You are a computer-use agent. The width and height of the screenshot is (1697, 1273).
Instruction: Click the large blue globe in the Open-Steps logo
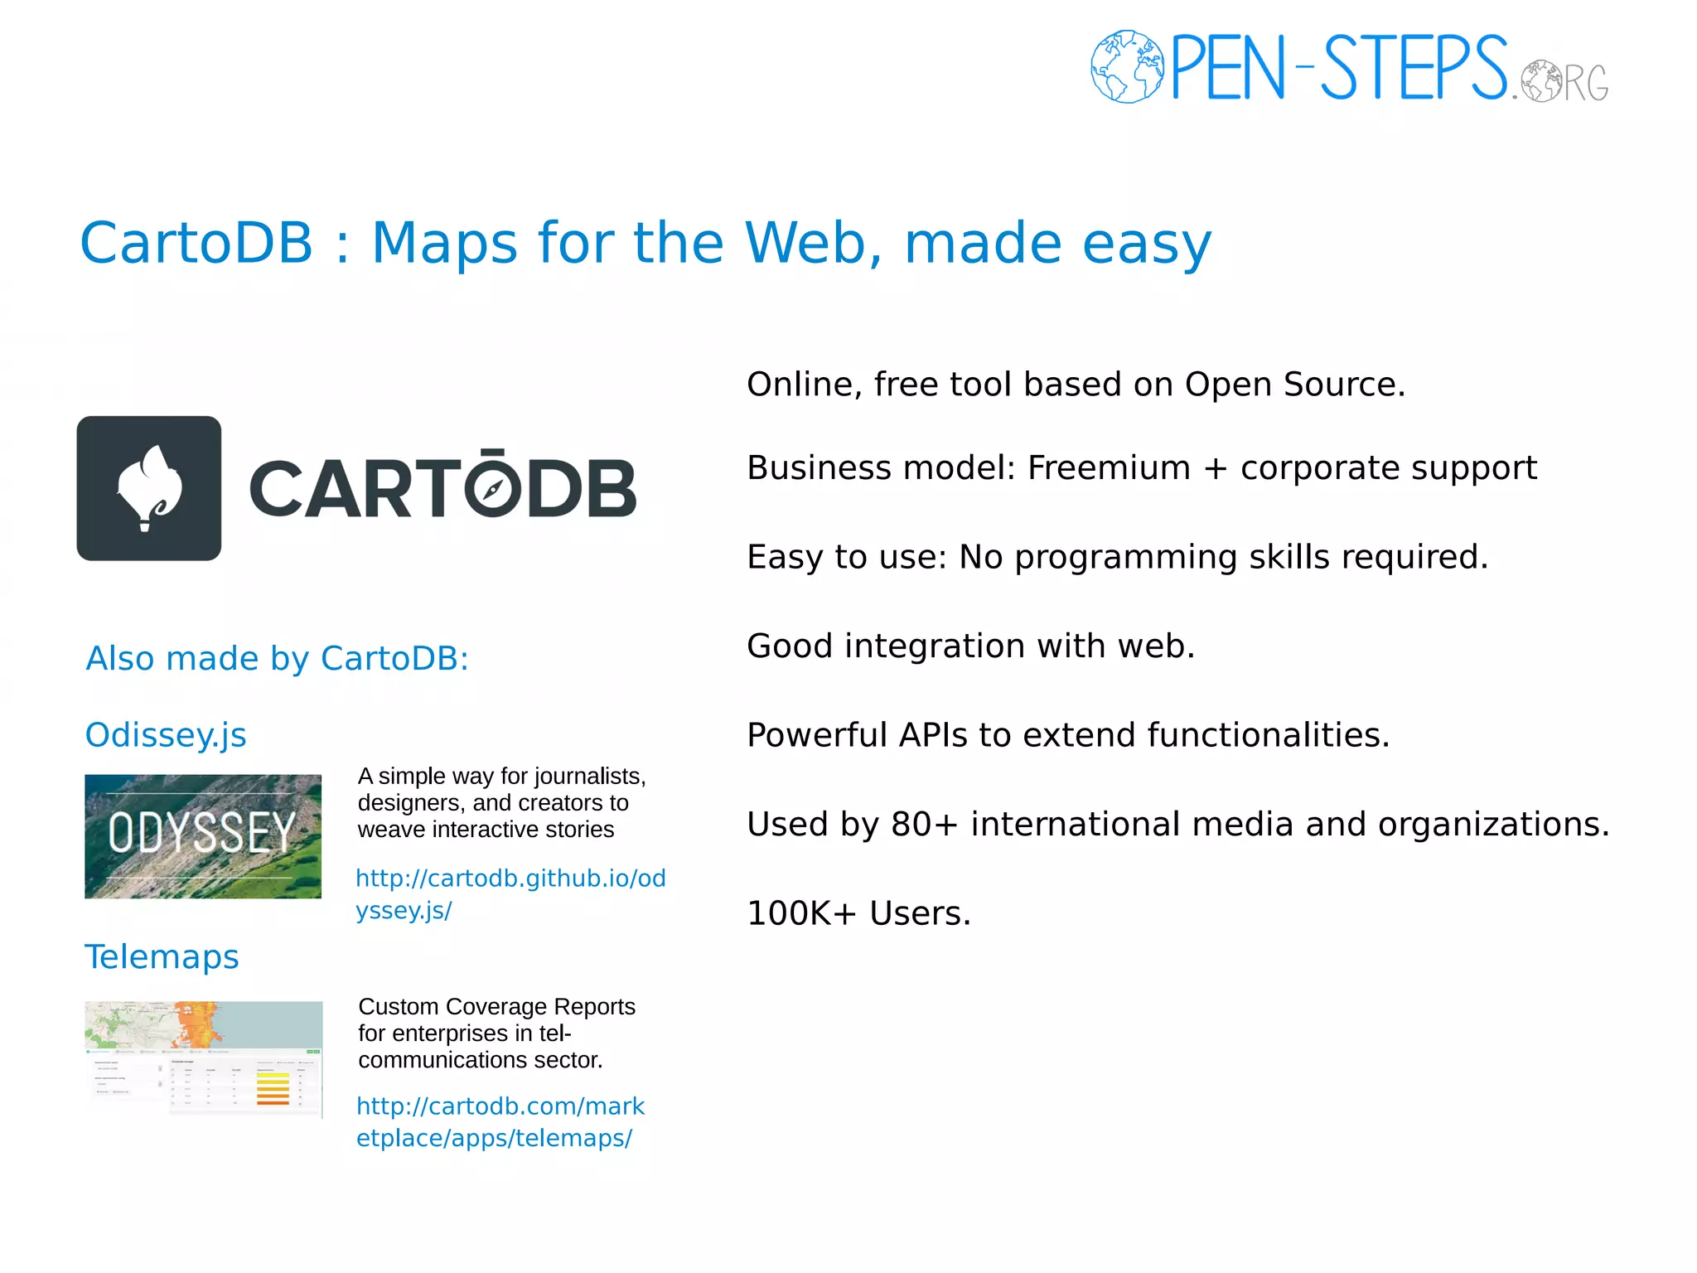tap(1127, 66)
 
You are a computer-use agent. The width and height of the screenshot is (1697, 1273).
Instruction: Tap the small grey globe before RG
tap(1542, 81)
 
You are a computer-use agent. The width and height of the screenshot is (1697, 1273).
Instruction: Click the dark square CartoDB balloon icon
tap(149, 488)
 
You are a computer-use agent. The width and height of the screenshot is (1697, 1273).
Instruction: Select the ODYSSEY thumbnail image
tap(203, 836)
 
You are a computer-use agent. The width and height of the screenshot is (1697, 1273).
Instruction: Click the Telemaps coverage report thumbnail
tap(204, 1058)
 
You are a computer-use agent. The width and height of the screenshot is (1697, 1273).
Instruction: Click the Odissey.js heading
tap(166, 735)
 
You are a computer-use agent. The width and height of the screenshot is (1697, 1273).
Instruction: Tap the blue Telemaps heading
tap(162, 956)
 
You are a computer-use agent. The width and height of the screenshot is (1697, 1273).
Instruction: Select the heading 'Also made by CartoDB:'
tap(278, 659)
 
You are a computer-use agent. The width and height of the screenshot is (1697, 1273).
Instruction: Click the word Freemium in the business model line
tap(1109, 468)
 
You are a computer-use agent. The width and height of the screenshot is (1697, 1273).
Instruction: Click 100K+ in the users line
tap(801, 913)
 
